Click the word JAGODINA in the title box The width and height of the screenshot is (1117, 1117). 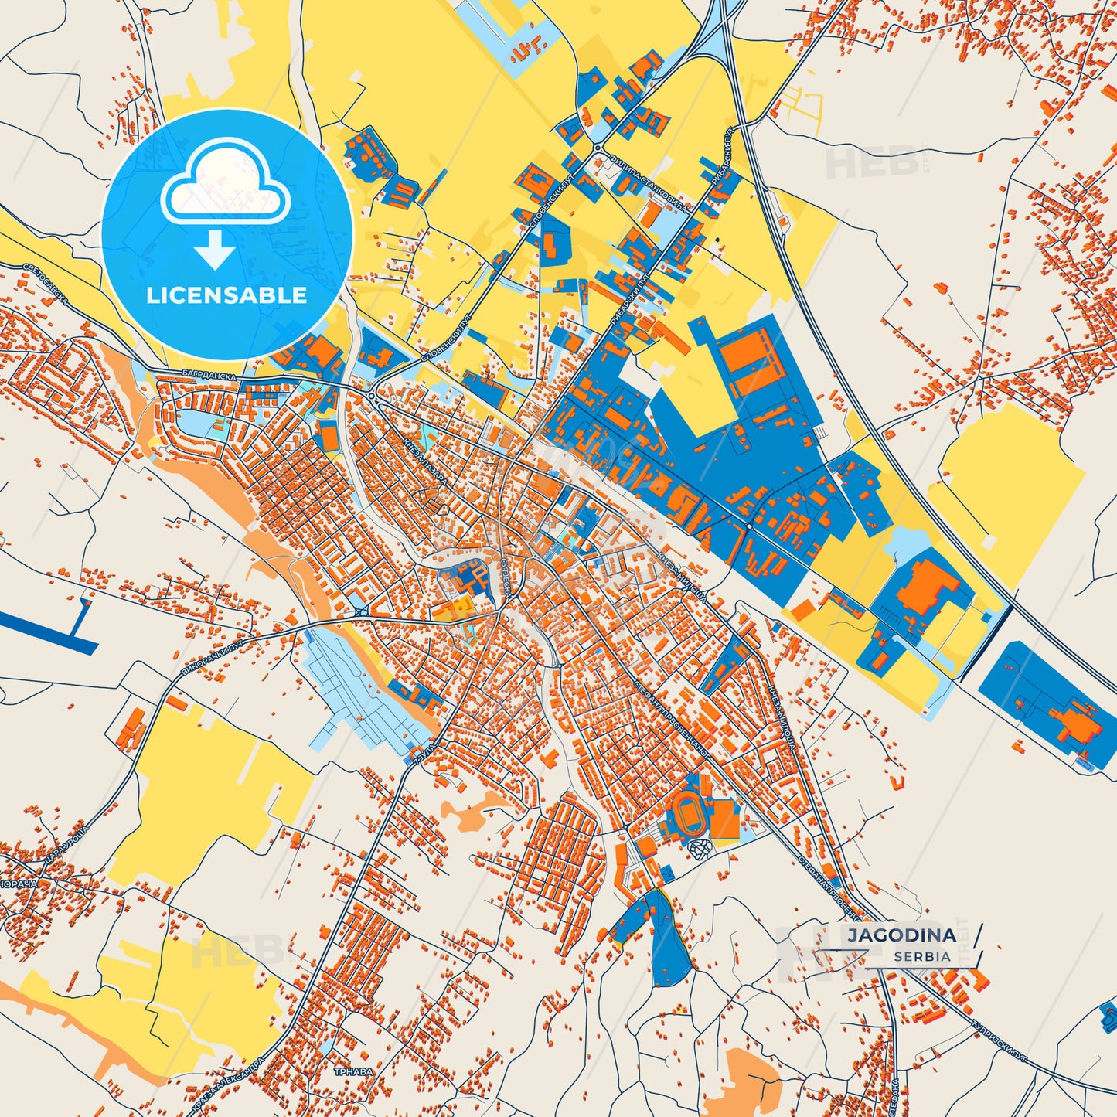tap(901, 935)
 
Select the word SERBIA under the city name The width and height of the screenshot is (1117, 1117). tap(922, 956)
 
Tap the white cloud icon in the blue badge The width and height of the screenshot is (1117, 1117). tap(225, 183)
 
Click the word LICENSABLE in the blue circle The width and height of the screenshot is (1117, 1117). tap(226, 295)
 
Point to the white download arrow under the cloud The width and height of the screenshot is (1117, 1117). tap(215, 250)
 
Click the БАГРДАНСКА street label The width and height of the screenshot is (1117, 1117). tap(209, 374)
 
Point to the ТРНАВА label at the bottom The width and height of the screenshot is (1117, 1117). tap(353, 1072)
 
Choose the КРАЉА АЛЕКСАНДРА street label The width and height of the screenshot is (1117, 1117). tap(229, 1085)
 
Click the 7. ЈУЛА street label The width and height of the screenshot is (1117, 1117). tap(424, 754)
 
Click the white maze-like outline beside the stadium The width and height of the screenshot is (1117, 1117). tap(701, 850)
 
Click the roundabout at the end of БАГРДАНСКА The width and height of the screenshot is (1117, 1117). tap(373, 396)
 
